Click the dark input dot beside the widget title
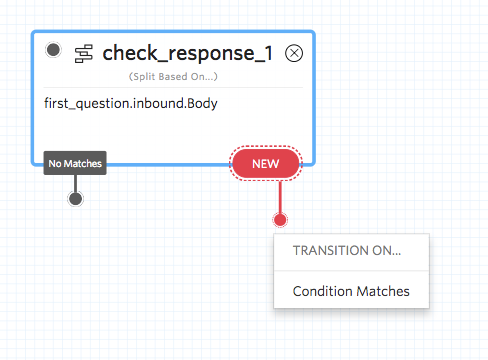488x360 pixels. [x=53, y=51]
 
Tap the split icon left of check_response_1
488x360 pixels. [x=84, y=54]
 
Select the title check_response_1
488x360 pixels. [x=187, y=54]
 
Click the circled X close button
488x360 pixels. [x=294, y=54]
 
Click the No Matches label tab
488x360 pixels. [x=75, y=163]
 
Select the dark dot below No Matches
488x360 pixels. [x=75, y=198]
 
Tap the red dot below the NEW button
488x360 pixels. [x=280, y=219]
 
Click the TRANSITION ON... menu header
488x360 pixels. [x=346, y=252]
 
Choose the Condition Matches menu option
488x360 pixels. [x=350, y=292]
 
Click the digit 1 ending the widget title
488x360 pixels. [x=266, y=54]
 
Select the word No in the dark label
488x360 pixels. [x=56, y=163]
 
